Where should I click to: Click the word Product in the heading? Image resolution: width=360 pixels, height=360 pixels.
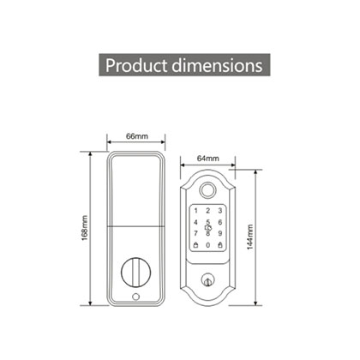pos(136,65)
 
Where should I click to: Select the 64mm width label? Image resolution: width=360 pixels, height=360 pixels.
pos(207,159)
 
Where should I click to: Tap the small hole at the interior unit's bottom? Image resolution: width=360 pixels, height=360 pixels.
pos(135,297)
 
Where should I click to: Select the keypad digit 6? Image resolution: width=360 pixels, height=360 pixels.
pos(219,221)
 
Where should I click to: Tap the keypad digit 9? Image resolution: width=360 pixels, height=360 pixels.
pos(219,233)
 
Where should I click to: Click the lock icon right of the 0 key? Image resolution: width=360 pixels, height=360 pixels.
pos(219,245)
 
